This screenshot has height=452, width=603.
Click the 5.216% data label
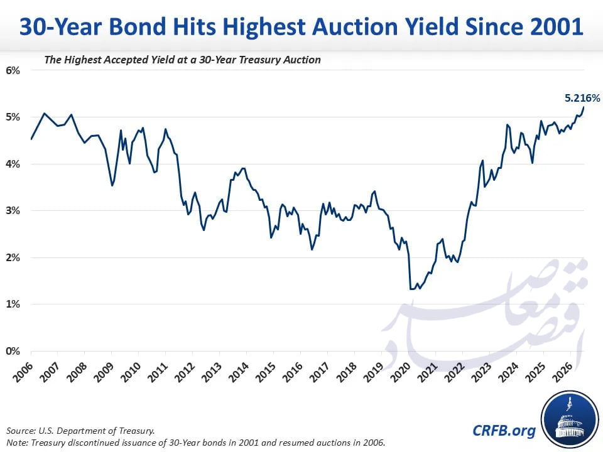(582, 99)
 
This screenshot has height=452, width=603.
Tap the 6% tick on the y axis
(13, 70)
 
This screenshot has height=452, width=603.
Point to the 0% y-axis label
(13, 351)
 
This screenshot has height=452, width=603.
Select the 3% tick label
(13, 211)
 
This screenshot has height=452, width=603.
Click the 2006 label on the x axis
(23, 372)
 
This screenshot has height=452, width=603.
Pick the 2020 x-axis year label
(401, 372)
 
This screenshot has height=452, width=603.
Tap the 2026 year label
(563, 372)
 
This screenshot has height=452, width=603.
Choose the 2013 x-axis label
(212, 372)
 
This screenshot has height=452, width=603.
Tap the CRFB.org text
(504, 431)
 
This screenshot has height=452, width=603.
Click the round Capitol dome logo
(570, 421)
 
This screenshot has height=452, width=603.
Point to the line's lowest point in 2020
(412, 289)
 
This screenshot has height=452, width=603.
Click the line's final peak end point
(584, 107)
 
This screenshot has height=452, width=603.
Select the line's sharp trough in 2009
(112, 186)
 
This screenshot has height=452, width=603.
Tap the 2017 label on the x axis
(320, 372)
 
